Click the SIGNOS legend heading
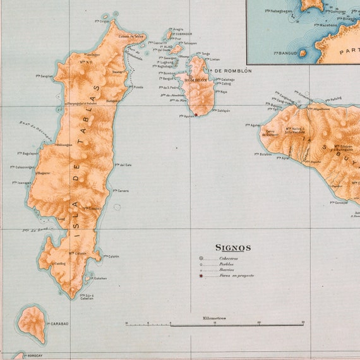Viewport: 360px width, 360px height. [x=233, y=248]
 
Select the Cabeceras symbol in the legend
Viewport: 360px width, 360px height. [x=201, y=258]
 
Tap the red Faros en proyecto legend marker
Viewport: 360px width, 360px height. [x=201, y=276]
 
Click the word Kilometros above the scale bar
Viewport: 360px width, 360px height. [x=214, y=318]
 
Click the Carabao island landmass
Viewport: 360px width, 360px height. [x=32, y=323]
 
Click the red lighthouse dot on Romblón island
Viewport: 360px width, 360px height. [x=196, y=115]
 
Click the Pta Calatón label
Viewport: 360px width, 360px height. [x=111, y=256]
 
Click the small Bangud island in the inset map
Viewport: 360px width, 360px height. [x=303, y=53]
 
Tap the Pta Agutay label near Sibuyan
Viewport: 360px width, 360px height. [x=252, y=125]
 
